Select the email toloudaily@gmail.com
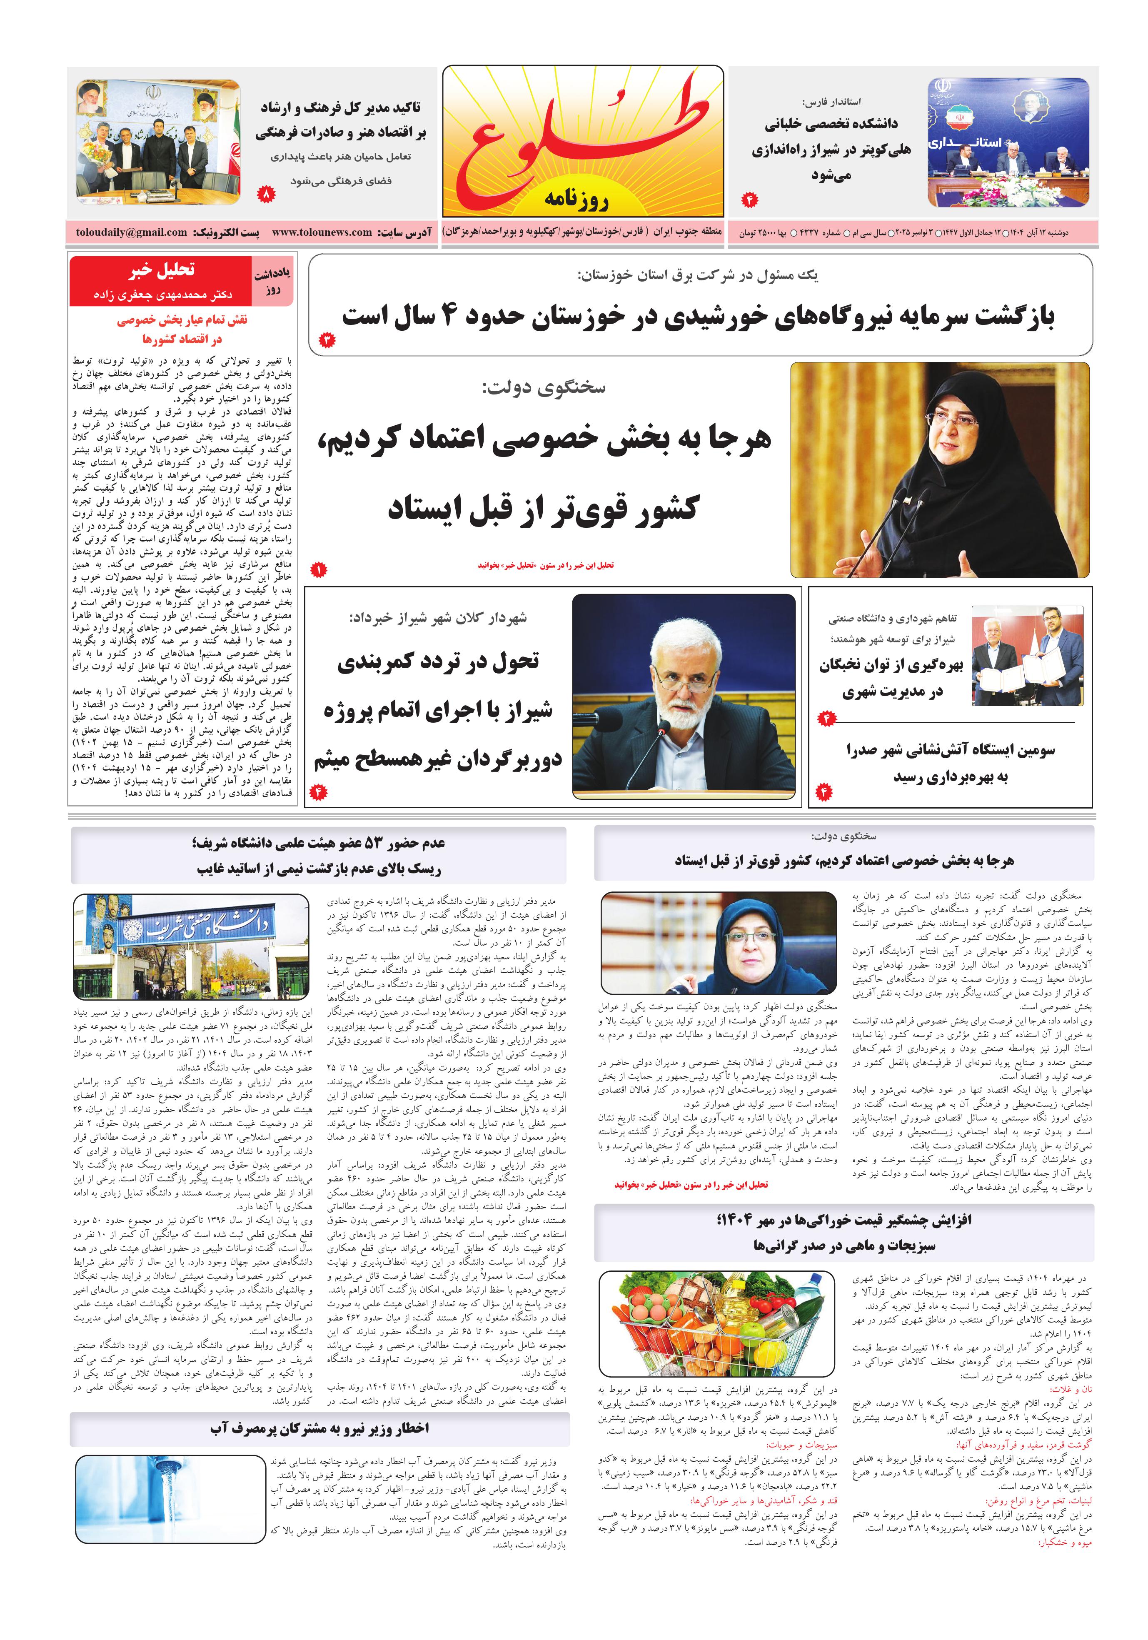[x=132, y=232]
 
